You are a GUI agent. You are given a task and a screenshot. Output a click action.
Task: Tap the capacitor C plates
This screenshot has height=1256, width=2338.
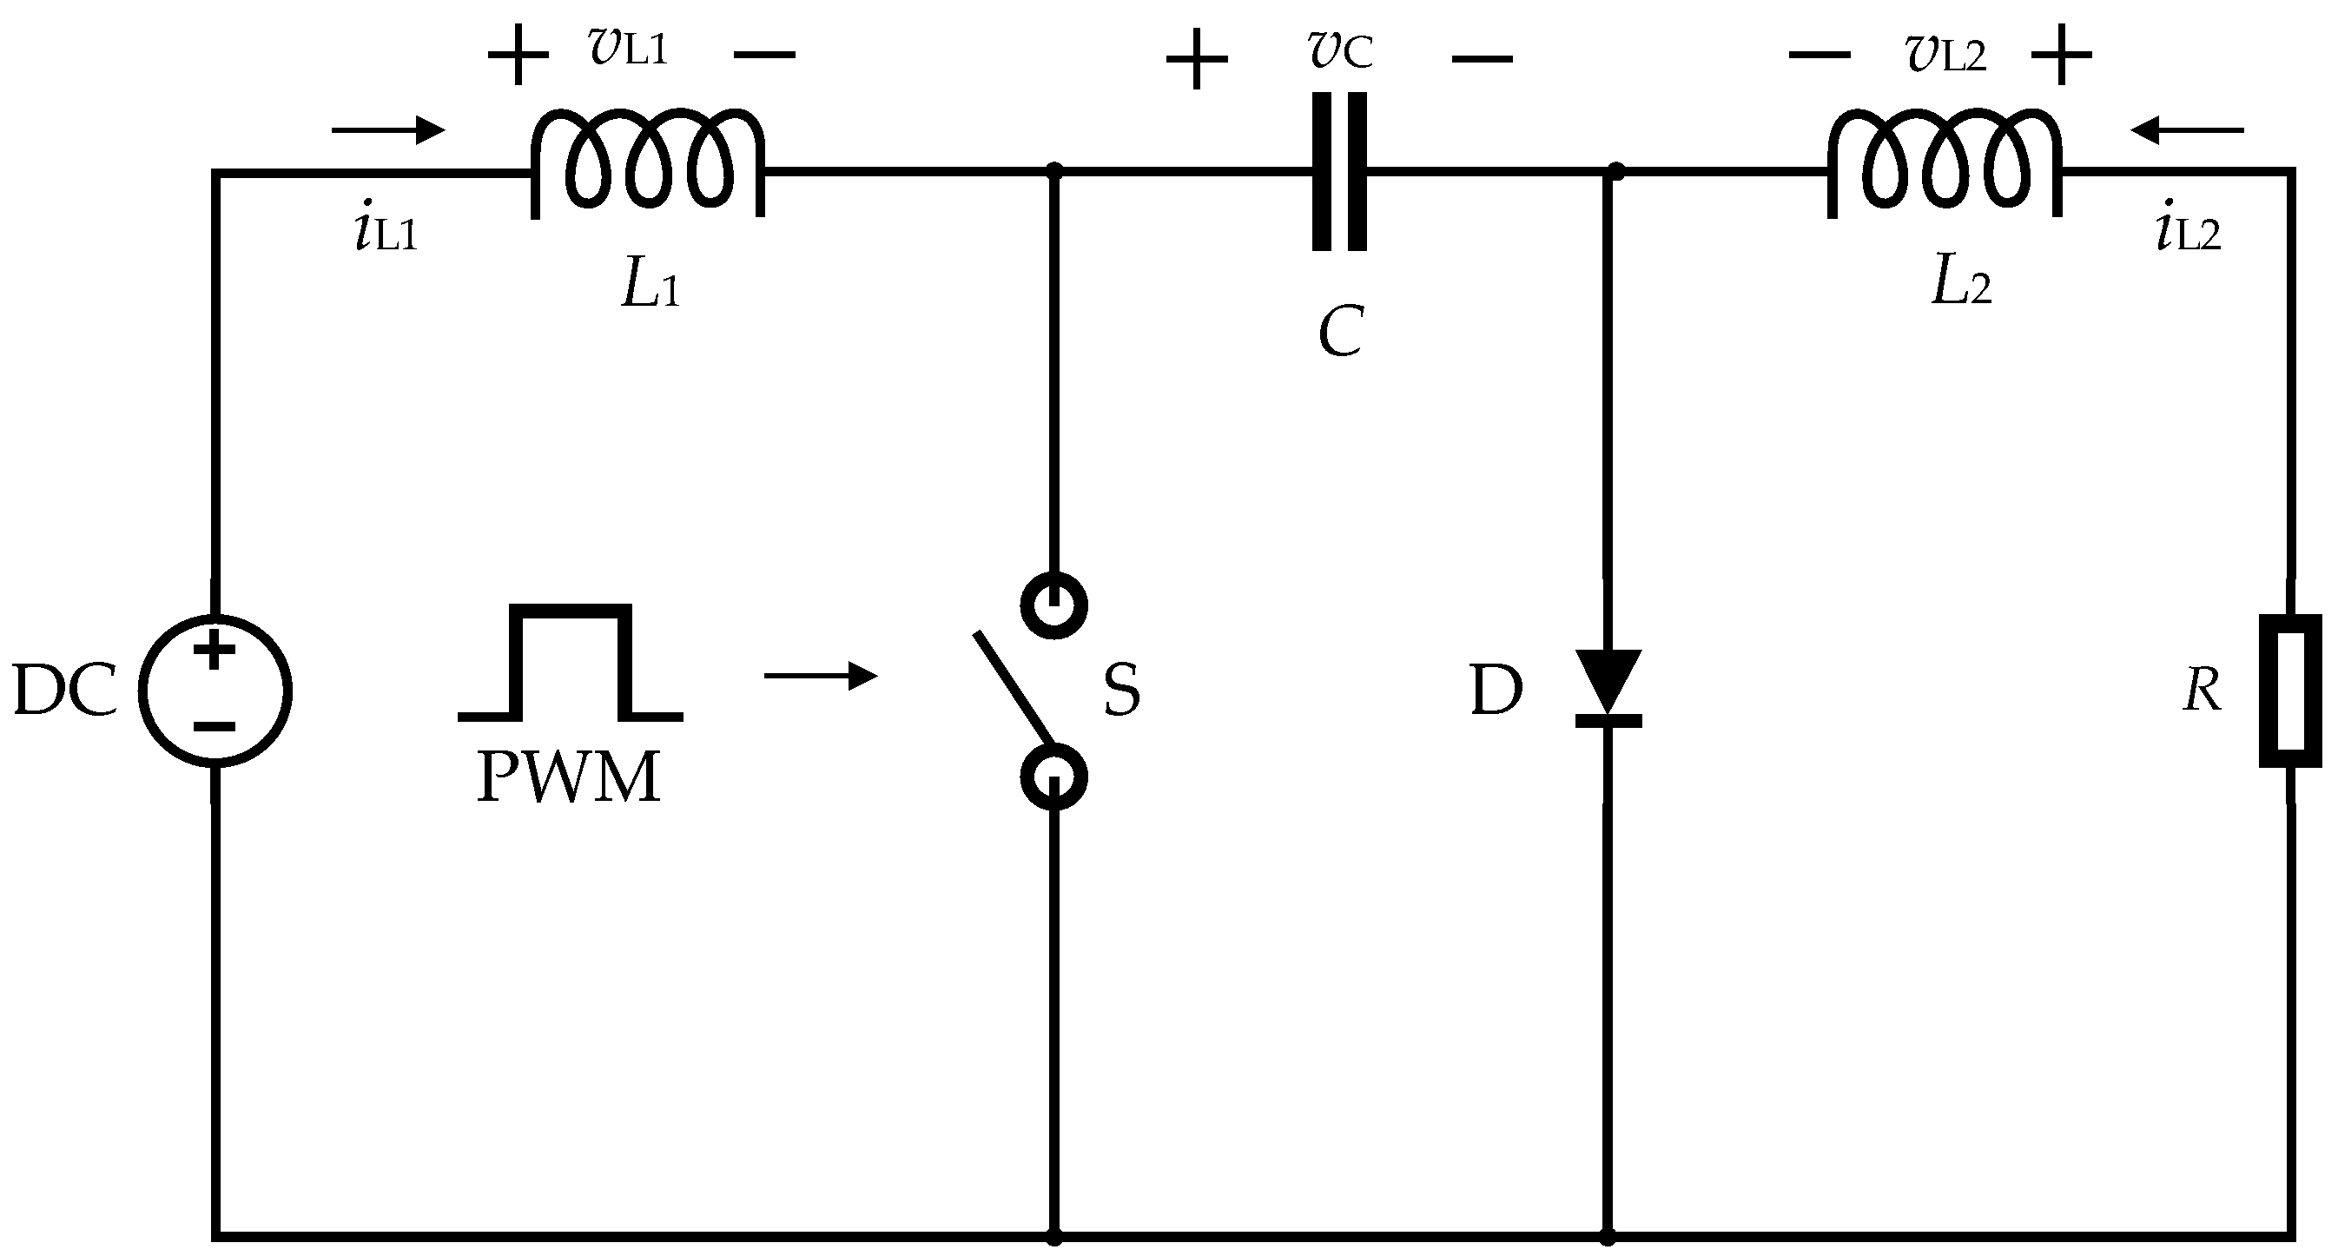coord(1338,170)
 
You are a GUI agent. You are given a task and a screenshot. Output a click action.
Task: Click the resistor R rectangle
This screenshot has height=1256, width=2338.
coord(2290,691)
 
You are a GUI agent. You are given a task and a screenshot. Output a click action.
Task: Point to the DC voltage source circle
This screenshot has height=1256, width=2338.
coord(215,691)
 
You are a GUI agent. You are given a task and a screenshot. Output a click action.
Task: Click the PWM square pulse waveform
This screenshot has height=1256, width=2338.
coord(570,663)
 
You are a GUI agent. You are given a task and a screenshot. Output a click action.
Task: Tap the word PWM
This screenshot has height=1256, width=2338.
coord(568,777)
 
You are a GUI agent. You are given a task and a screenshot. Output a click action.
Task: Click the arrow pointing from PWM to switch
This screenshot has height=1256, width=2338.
coord(821,675)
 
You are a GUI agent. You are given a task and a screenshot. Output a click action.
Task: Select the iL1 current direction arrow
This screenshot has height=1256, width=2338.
coord(388,129)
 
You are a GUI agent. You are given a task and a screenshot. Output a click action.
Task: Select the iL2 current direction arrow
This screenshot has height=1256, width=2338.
coord(2188,129)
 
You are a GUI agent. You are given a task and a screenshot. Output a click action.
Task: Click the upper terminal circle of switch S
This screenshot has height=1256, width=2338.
coord(1053,605)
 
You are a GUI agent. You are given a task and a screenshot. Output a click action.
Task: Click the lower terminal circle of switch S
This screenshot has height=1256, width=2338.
coord(1053,777)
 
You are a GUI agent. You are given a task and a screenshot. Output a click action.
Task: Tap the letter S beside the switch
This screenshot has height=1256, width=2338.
coord(1122,691)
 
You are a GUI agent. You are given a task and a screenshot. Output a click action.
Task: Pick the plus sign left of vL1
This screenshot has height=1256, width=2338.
coord(518,56)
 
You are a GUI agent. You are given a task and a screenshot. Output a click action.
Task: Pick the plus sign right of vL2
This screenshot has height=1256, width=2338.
coord(2061,56)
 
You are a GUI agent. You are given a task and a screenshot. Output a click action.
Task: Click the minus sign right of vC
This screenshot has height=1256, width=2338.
coord(1483,60)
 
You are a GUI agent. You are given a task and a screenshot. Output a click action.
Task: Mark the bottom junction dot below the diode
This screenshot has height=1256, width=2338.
coord(1608,1236)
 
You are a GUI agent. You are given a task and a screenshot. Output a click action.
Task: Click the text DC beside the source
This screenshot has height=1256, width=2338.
coord(65,691)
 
